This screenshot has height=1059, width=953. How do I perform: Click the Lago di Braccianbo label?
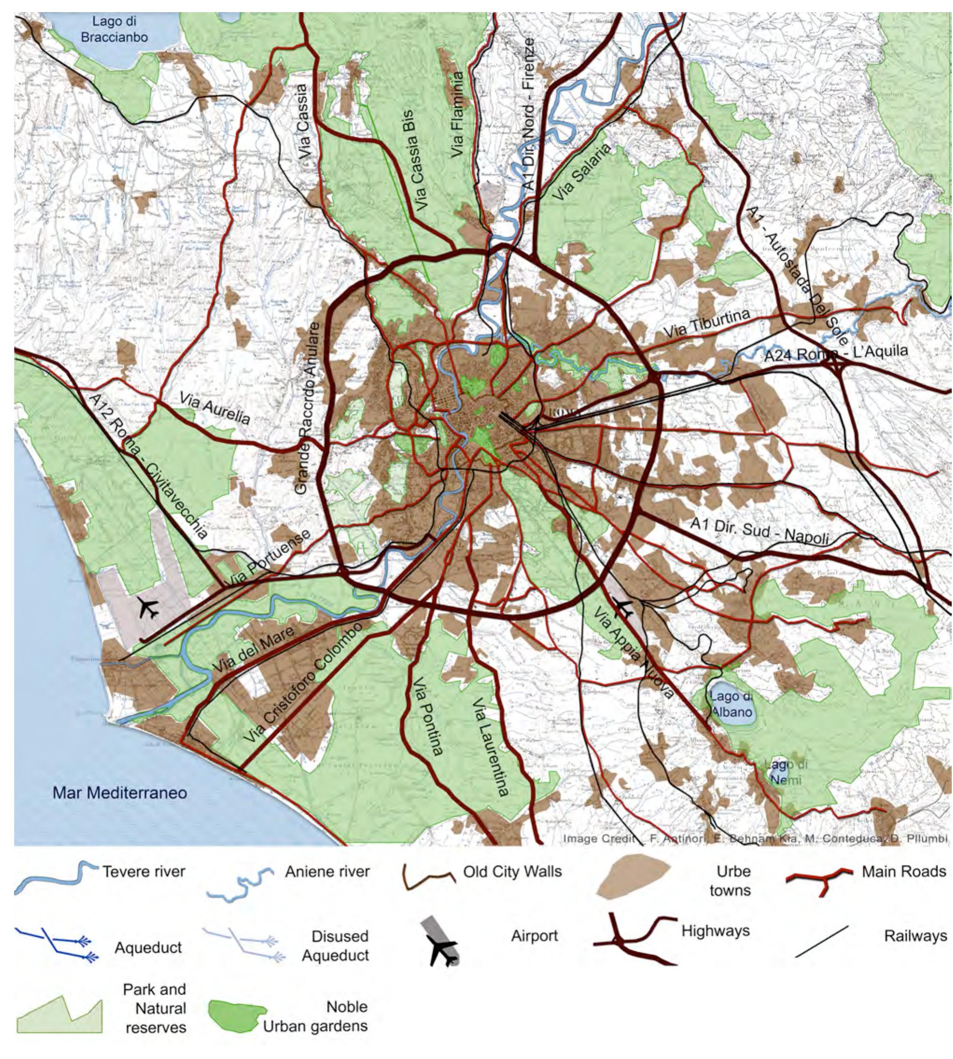[x=114, y=30]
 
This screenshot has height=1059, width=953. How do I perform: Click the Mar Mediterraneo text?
[x=120, y=793]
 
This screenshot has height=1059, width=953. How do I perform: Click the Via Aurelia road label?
[x=215, y=408]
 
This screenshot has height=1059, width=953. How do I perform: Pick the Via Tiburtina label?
[x=706, y=323]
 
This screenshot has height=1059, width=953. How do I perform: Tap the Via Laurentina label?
[x=490, y=745]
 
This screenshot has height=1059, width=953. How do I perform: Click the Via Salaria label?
[x=581, y=172]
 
